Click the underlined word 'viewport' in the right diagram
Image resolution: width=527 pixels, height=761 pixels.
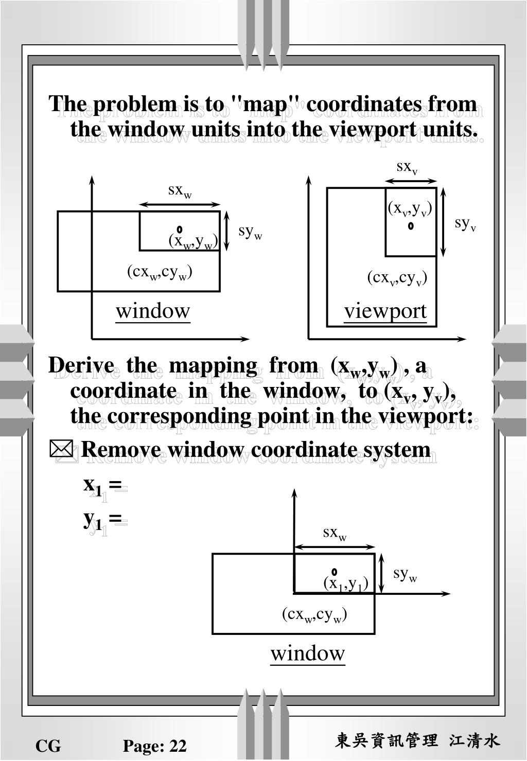click(x=385, y=311)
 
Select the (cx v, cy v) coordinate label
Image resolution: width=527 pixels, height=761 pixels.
click(x=397, y=278)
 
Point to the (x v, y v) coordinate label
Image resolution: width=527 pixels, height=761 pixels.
click(x=410, y=208)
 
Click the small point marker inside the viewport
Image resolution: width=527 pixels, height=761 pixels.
click(x=411, y=225)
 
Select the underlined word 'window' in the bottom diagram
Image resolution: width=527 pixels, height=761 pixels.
click(x=308, y=653)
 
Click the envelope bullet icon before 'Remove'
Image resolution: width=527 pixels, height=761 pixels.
click(x=61, y=449)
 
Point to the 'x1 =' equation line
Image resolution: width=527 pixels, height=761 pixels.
click(x=103, y=485)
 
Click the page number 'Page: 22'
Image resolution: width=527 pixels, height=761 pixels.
click(x=154, y=746)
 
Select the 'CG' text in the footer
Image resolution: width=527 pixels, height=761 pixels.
click(x=48, y=746)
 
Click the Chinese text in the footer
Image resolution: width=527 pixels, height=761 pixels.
click(x=417, y=741)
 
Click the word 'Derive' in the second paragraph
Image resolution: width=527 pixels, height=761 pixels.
click(x=81, y=366)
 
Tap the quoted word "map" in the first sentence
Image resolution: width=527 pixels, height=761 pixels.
click(x=266, y=104)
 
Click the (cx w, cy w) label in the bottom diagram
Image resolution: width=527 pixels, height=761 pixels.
click(x=314, y=614)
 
